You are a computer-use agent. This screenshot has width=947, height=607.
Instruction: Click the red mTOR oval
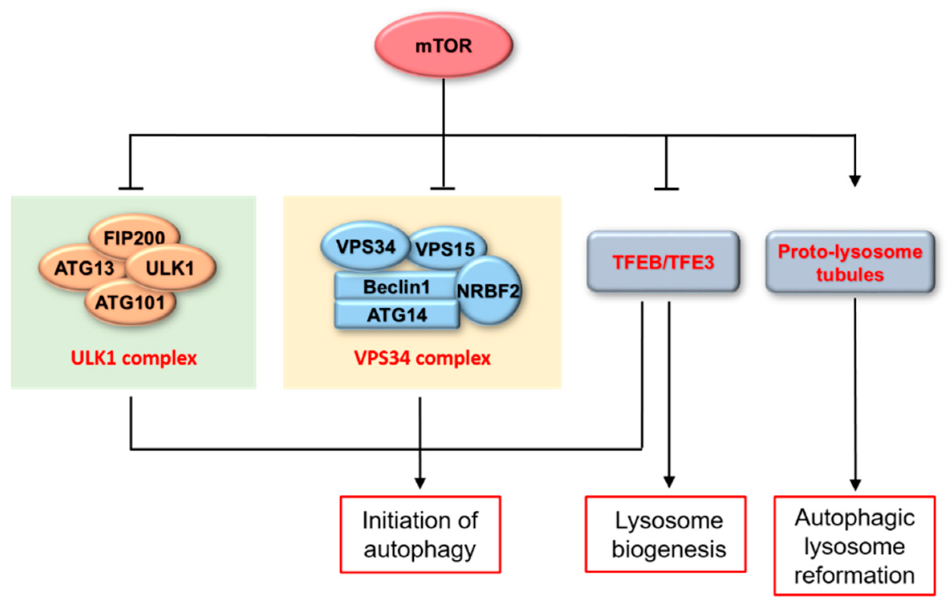coord(443,45)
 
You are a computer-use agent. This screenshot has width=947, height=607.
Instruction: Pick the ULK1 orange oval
coord(171,268)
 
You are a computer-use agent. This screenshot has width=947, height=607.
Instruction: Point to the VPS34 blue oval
coord(365,246)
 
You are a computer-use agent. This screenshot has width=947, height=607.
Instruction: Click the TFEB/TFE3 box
coord(663,262)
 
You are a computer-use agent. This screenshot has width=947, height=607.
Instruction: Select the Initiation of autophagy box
coord(420,534)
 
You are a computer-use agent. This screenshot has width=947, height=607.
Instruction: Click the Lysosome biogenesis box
coord(665,534)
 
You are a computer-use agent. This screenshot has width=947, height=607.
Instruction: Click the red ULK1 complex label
coord(134,358)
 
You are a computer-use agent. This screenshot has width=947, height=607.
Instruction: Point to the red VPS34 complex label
coord(422,358)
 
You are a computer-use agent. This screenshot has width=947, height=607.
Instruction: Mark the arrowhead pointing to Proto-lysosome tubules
coord(855,181)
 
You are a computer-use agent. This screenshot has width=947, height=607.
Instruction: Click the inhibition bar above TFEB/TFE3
coord(667,189)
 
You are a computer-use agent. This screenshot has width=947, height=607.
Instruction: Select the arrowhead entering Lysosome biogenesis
coord(669,482)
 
